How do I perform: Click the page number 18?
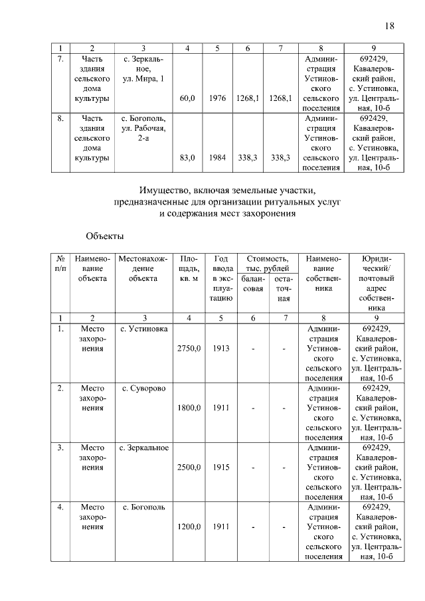(390, 26)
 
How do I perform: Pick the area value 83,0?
(187, 158)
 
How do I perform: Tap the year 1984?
(217, 158)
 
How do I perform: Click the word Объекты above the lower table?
(105, 235)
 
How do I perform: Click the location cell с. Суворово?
(143, 388)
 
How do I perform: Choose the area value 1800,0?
(188, 408)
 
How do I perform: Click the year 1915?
(221, 468)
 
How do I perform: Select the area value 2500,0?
(188, 468)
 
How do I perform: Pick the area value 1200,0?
(188, 527)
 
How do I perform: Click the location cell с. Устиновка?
(143, 328)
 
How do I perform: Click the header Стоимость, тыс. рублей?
(267, 263)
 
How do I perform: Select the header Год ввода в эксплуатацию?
(222, 278)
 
